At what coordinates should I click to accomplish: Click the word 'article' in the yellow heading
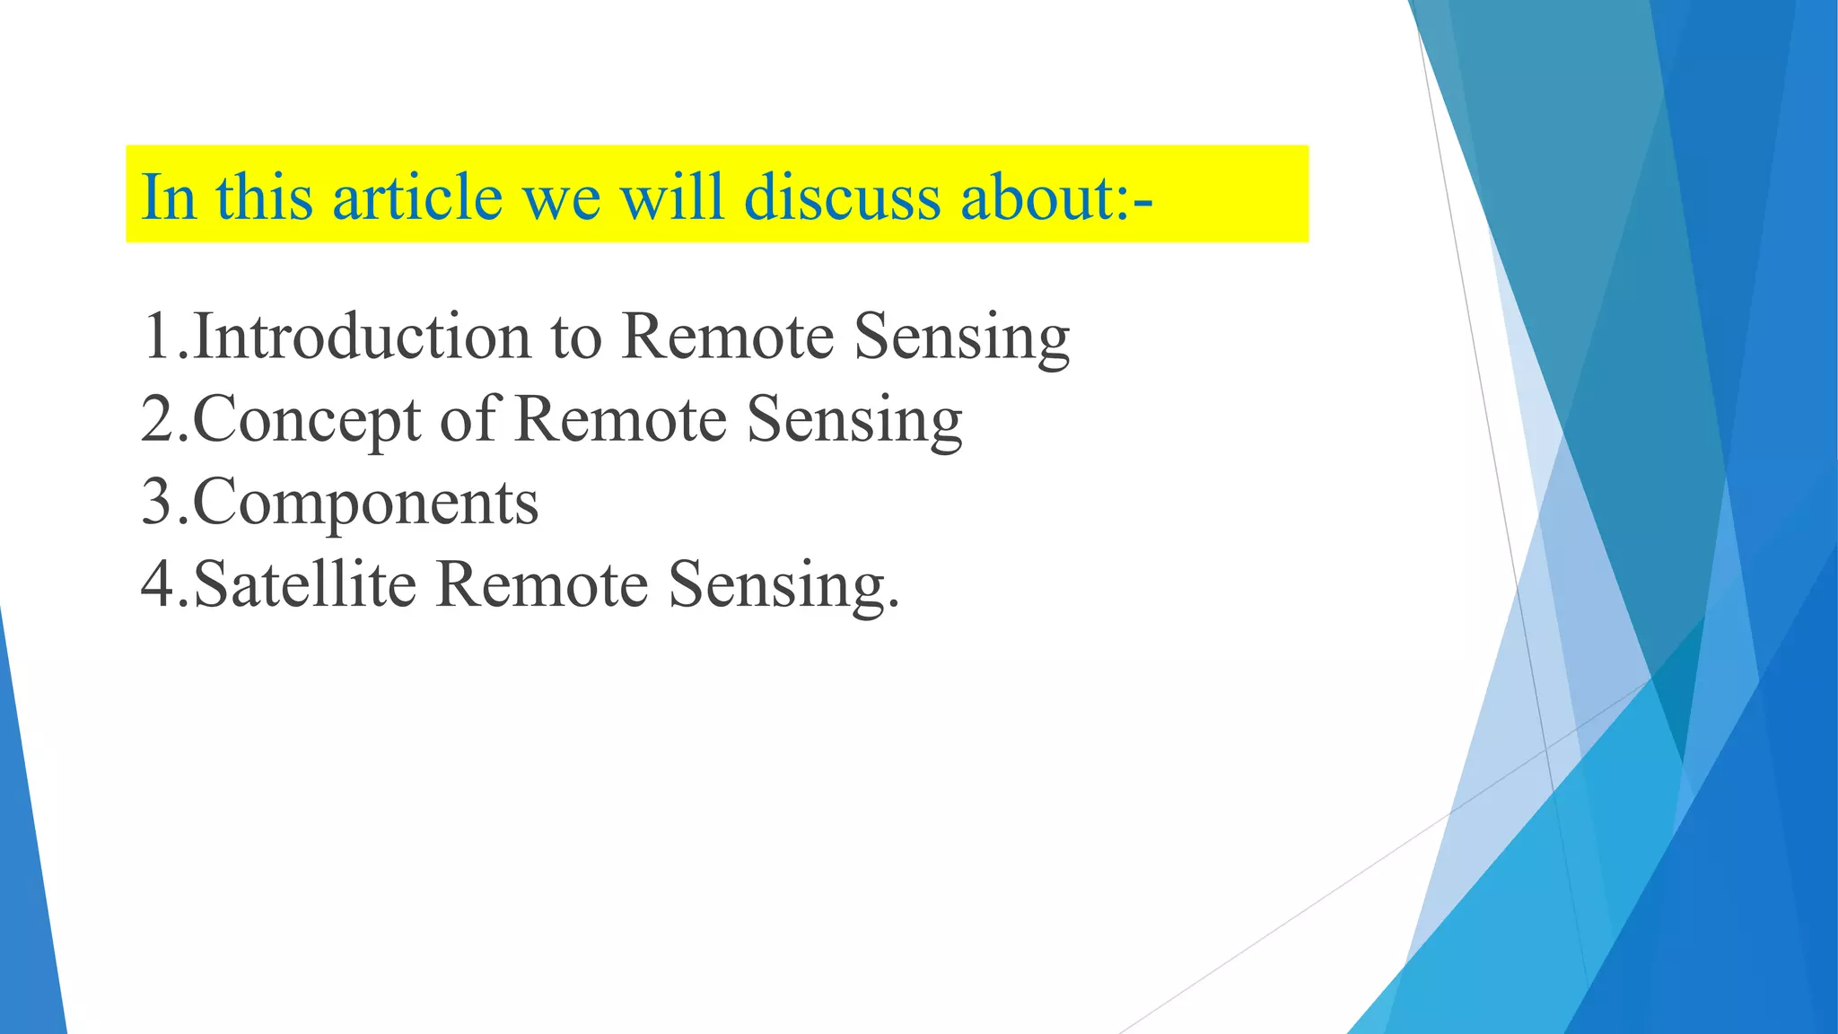[417, 197]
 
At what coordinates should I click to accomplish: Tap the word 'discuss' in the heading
[843, 197]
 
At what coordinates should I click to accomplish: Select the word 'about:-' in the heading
[1056, 197]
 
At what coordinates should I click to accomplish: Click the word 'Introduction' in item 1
[363, 336]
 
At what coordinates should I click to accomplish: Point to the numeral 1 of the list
[156, 336]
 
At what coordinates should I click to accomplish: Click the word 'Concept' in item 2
[307, 419]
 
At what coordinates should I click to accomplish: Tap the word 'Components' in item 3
[365, 503]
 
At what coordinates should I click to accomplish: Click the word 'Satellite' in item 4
[305, 584]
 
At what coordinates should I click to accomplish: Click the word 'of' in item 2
[467, 419]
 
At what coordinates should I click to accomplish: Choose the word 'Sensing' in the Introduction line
[961, 337]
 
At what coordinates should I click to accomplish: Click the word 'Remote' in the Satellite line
[542, 584]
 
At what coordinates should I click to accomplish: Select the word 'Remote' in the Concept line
[621, 419]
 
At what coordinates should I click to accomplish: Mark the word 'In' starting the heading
[168, 197]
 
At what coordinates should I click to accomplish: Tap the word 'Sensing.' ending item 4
[783, 586]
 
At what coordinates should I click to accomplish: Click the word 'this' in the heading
[264, 197]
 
